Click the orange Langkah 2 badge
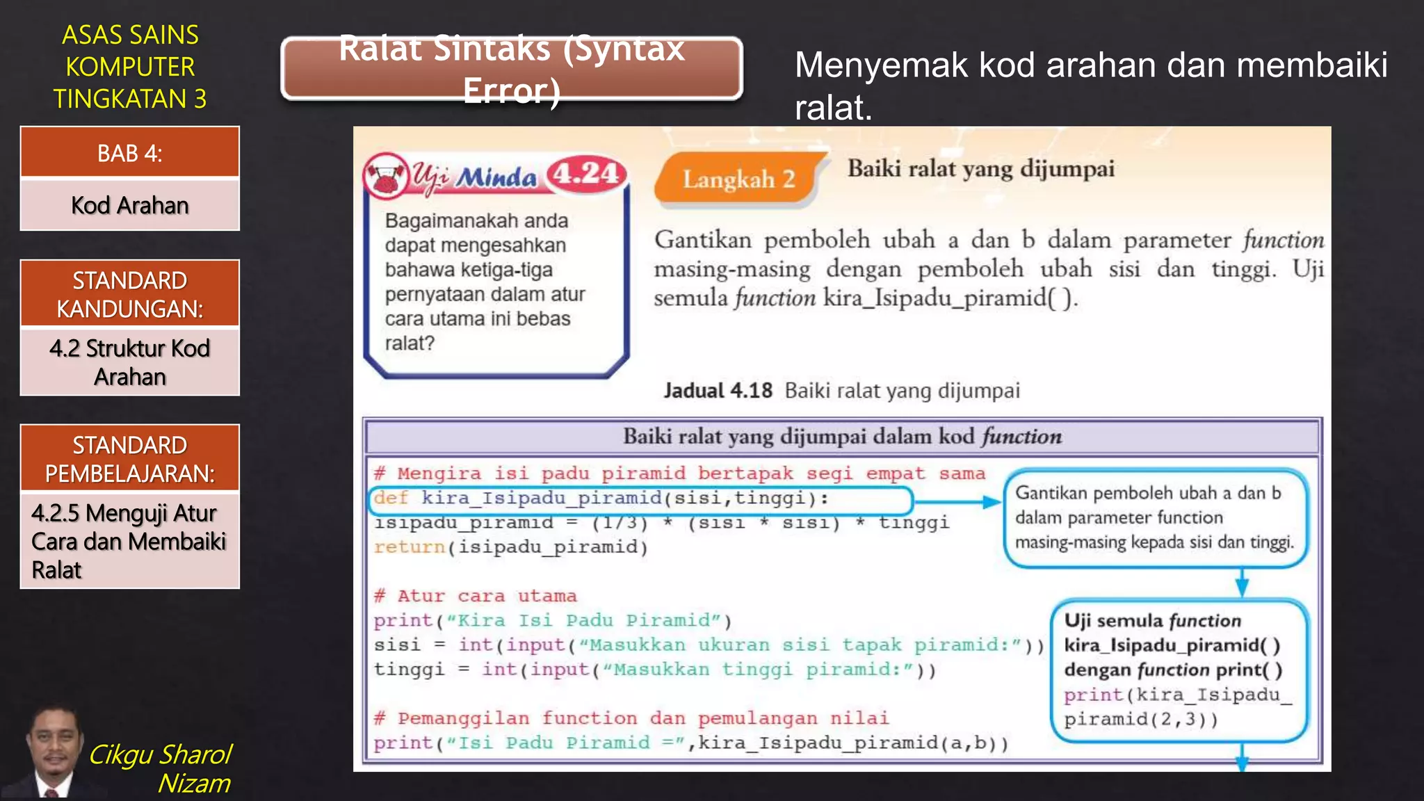(738, 179)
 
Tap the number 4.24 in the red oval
(586, 173)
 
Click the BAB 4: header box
(130, 152)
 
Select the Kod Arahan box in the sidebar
(130, 205)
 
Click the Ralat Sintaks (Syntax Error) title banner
(512, 69)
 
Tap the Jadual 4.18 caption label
(718, 390)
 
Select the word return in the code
(409, 547)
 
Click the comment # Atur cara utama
(476, 596)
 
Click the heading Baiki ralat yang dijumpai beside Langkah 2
(980, 169)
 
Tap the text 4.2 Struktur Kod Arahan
(130, 362)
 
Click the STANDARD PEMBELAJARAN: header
(130, 459)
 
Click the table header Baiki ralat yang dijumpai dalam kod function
(842, 437)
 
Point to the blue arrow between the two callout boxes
(1242, 583)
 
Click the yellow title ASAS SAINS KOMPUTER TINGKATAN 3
(130, 67)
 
